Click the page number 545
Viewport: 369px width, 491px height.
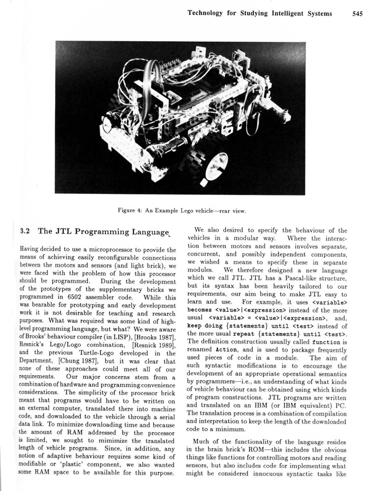pyautogui.click(x=357, y=14)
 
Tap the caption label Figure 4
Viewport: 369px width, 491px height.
pyautogui.click(x=130, y=210)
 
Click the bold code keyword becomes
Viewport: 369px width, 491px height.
pyautogui.click(x=200, y=310)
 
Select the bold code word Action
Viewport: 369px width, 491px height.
pyautogui.click(x=226, y=350)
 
